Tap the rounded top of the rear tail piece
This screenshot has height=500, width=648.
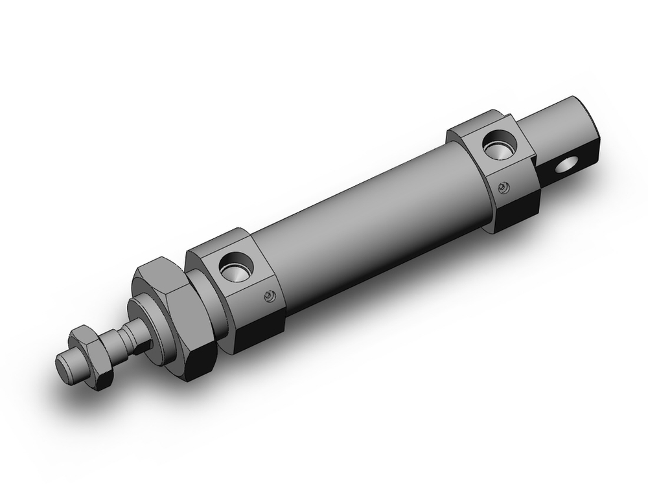pos(557,110)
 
